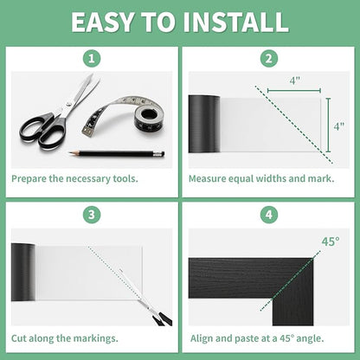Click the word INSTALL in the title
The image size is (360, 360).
pyautogui.click(x=235, y=22)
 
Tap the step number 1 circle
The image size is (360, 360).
pyautogui.click(x=92, y=59)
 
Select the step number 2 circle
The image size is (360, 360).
pyautogui.click(x=269, y=59)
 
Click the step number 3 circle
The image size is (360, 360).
pyautogui.click(x=92, y=215)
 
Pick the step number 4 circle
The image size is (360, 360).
pyautogui.click(x=269, y=215)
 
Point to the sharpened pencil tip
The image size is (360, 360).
pyautogui.click(x=70, y=152)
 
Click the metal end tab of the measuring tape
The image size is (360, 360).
pyautogui.click(x=87, y=132)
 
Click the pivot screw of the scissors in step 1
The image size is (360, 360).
pyautogui.click(x=68, y=105)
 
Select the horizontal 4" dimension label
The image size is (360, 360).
pyautogui.click(x=294, y=80)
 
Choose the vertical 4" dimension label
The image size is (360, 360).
pyautogui.click(x=339, y=126)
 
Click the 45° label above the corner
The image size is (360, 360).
pyautogui.click(x=331, y=241)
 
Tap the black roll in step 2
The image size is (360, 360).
pyautogui.click(x=204, y=124)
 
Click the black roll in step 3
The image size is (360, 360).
pyautogui.click(x=23, y=272)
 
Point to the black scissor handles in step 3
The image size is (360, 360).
pyautogui.click(x=162, y=319)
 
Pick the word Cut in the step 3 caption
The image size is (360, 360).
pyautogui.click(x=18, y=338)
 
